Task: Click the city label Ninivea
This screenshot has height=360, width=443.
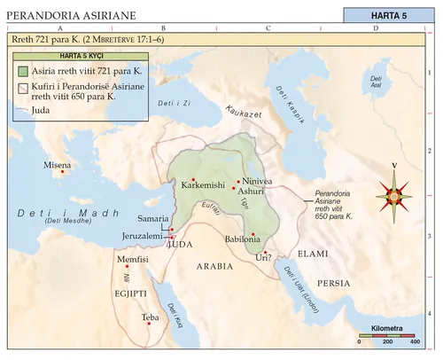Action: tap(257, 182)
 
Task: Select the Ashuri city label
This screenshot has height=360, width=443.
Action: tap(251, 192)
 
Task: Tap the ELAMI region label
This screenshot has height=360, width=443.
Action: tap(314, 254)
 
